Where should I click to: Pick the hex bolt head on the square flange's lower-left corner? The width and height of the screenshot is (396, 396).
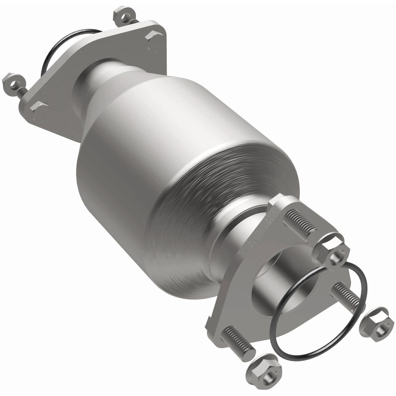coord(39,108)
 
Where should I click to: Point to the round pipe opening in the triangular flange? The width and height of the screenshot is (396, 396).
coord(277,287)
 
